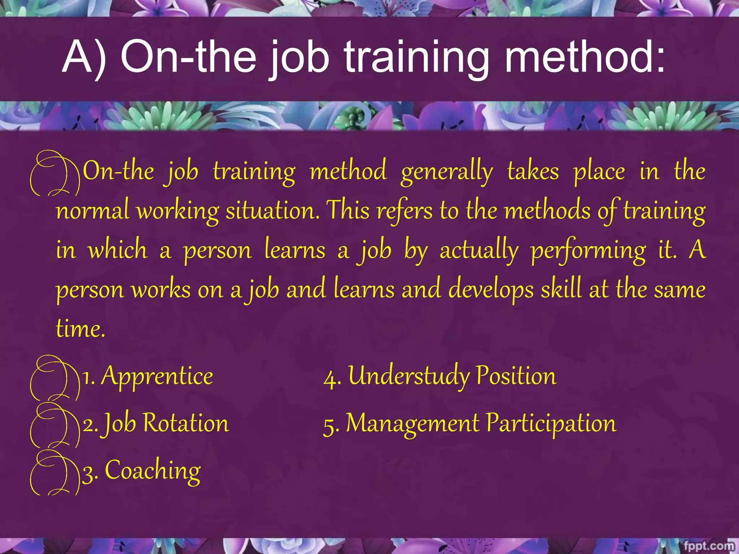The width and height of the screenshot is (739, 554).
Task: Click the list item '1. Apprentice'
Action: (x=148, y=377)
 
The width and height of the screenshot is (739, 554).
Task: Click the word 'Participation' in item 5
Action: (x=551, y=423)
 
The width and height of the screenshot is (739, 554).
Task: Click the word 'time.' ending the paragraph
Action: (x=80, y=329)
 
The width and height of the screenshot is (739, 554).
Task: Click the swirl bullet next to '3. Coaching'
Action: (x=54, y=472)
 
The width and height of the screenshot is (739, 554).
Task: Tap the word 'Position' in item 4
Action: (x=516, y=377)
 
